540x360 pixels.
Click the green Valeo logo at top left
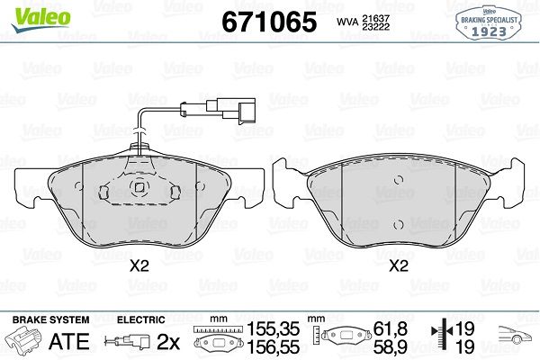(x=41, y=19)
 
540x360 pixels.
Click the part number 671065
(x=269, y=22)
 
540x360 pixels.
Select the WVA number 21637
(x=375, y=18)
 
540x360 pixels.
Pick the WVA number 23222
(x=375, y=26)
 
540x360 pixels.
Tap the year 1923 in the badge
(x=489, y=31)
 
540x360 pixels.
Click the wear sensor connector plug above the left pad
(x=231, y=110)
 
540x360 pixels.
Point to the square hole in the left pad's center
(x=139, y=187)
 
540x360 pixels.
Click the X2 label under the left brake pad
(x=139, y=266)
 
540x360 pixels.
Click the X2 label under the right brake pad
(x=399, y=266)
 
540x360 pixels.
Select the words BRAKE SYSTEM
(x=50, y=319)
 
